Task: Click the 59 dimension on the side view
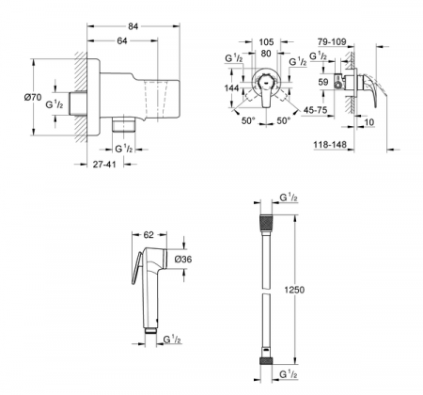pyautogui.click(x=323, y=84)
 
